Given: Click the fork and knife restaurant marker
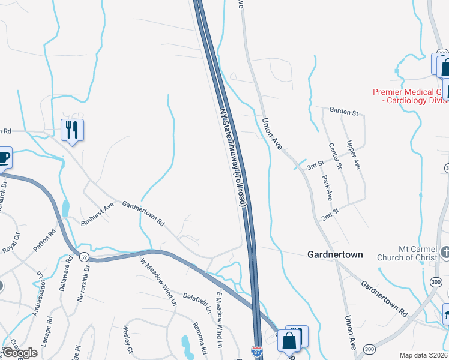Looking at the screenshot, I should point(72,129).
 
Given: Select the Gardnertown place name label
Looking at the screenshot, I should point(335,254).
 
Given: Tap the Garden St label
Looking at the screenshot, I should point(343,112).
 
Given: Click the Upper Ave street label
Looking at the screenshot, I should point(354,154).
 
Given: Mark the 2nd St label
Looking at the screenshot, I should point(330,214).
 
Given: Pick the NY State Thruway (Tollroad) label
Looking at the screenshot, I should point(234,157).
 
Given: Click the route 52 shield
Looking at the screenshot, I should point(83,257).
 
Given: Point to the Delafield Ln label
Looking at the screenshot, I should point(197,303).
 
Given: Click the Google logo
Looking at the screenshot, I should point(20,353).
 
